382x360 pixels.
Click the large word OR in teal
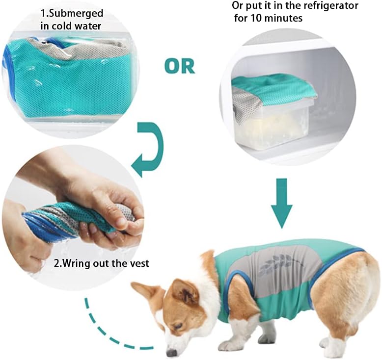(180, 66)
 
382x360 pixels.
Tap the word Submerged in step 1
(76, 14)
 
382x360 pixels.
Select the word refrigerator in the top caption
(331, 5)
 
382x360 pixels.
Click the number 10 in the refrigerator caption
(256, 18)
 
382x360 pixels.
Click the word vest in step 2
(139, 263)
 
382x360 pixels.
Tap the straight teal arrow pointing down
(282, 203)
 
